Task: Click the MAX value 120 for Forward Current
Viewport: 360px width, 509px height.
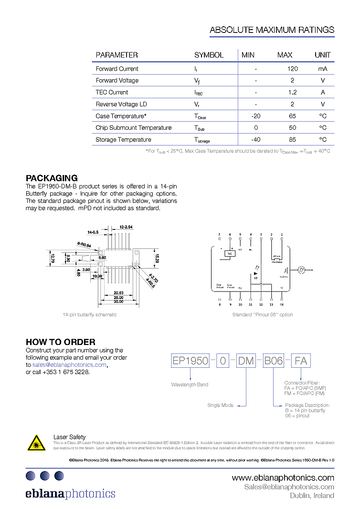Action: click(x=292, y=69)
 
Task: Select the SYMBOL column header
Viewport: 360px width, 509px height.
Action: click(x=209, y=55)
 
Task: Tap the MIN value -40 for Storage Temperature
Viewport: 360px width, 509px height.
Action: click(x=255, y=140)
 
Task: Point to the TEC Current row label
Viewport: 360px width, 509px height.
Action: click(x=112, y=93)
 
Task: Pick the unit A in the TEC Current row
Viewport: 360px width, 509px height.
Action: click(x=323, y=93)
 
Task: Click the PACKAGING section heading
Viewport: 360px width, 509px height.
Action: click(x=52, y=178)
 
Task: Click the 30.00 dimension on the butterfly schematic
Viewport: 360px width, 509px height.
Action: click(x=118, y=301)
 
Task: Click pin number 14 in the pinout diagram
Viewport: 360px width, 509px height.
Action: click(x=282, y=304)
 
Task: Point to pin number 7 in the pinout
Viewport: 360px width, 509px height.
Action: click(x=220, y=234)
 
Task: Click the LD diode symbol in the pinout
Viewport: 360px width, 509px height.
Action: click(x=256, y=273)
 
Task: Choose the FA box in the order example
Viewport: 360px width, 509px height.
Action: click(x=301, y=361)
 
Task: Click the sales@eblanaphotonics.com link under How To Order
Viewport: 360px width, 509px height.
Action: click(x=69, y=364)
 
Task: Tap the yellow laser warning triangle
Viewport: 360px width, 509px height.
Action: click(x=36, y=442)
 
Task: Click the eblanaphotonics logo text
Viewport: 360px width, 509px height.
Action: click(x=71, y=493)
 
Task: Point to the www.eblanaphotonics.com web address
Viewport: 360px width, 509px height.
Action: click(x=283, y=478)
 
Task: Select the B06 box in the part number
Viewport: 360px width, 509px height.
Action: click(x=274, y=361)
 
